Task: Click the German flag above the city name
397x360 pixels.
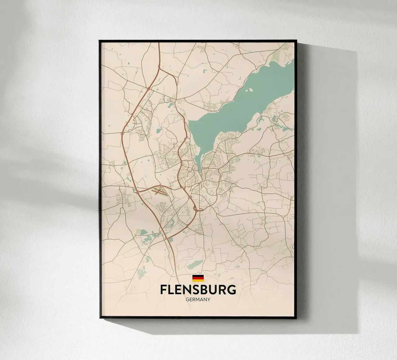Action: tap(198, 278)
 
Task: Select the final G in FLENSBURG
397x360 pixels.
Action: tap(231, 290)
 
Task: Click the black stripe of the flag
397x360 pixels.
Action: tap(198, 276)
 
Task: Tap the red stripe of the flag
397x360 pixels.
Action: tap(198, 278)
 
